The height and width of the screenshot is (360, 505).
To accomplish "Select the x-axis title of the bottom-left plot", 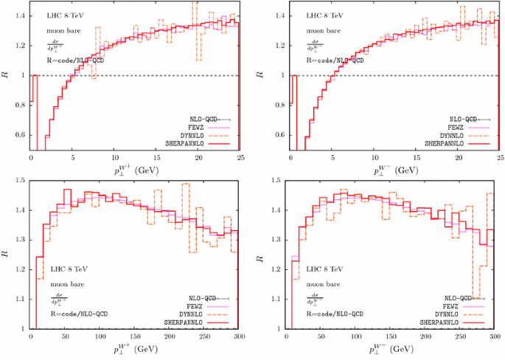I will click(136, 347).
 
